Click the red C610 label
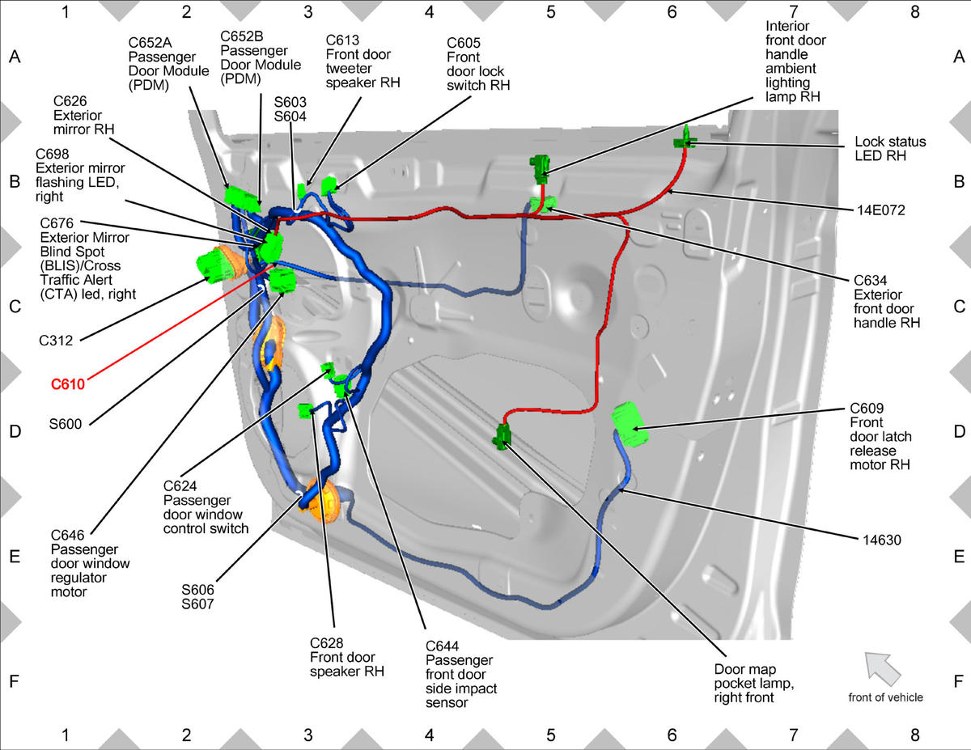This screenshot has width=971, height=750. click(x=68, y=384)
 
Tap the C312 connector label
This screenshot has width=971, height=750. click(x=56, y=341)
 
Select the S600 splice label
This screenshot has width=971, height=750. click(x=66, y=423)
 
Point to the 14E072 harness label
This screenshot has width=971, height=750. click(x=880, y=210)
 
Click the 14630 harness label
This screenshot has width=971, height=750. click(x=882, y=540)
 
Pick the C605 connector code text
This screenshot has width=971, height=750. click(x=464, y=43)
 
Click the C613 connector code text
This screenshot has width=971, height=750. click(x=342, y=40)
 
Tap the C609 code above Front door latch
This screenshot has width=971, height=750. click(x=867, y=409)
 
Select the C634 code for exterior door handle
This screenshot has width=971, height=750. click(x=870, y=281)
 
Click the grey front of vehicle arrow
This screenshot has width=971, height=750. click(x=883, y=669)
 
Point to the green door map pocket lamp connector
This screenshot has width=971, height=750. click(x=502, y=435)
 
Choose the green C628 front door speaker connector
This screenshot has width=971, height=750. click(x=306, y=410)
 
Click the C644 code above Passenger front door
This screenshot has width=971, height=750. click(x=442, y=646)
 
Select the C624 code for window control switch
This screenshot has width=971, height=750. click(x=180, y=486)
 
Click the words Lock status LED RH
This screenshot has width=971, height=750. click(x=890, y=148)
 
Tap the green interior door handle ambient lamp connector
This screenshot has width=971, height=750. click(x=540, y=169)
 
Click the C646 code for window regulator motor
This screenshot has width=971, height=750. click(x=67, y=535)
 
